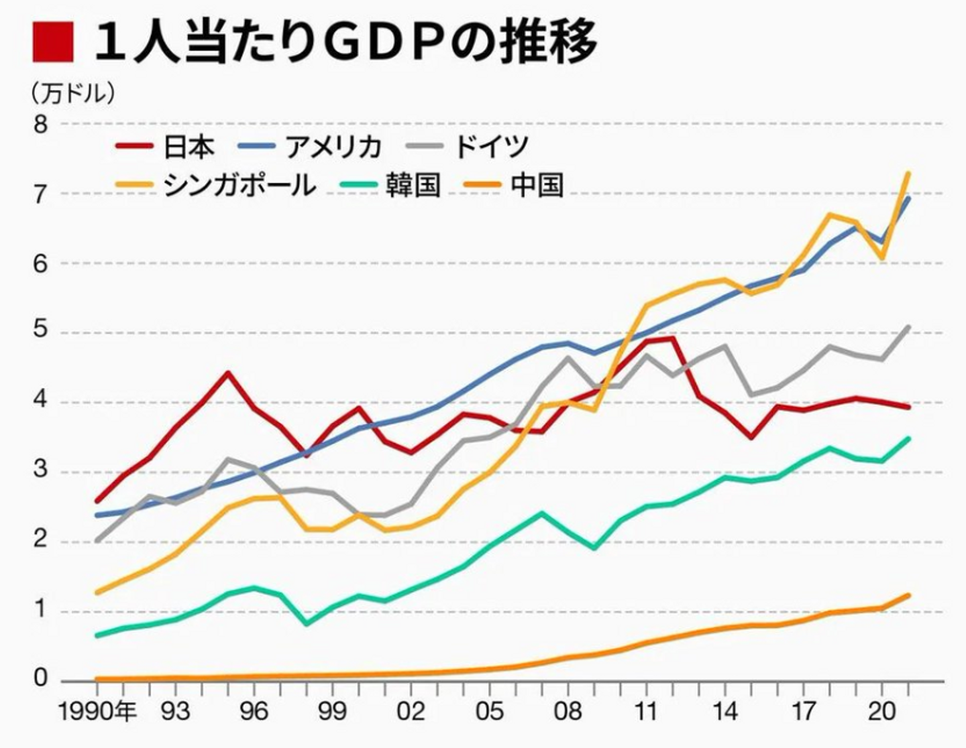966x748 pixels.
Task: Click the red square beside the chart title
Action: click(x=52, y=42)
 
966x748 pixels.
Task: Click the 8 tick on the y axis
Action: click(x=42, y=125)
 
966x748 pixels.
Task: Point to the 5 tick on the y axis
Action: click(x=42, y=333)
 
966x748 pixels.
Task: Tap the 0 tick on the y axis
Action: click(x=42, y=678)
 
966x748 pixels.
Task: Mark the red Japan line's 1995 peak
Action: click(x=228, y=373)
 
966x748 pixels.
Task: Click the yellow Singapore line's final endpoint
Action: click(x=908, y=174)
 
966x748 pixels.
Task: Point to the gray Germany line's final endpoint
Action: click(x=908, y=327)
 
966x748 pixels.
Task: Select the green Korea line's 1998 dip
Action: click(x=307, y=624)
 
